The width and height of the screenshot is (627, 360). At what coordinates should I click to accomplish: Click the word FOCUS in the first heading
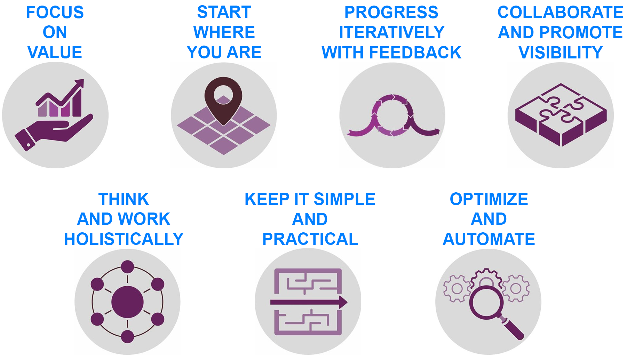pyautogui.click(x=55, y=13)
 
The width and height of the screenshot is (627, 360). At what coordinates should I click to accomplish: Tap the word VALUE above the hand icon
pyautogui.click(x=55, y=53)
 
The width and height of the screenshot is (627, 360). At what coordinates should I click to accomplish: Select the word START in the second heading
pyautogui.click(x=224, y=12)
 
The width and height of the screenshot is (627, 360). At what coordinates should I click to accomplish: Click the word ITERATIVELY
pyautogui.click(x=392, y=33)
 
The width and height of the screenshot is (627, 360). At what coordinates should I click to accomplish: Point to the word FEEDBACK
pyautogui.click(x=415, y=53)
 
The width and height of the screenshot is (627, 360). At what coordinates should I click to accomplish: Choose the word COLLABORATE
pyautogui.click(x=560, y=13)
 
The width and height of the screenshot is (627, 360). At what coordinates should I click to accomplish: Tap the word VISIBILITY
pyautogui.click(x=561, y=53)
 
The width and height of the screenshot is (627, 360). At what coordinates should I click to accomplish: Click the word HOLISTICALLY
pyautogui.click(x=124, y=239)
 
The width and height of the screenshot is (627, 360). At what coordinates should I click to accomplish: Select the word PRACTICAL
pyautogui.click(x=310, y=239)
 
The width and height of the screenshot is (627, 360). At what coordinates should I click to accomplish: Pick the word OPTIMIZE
pyautogui.click(x=489, y=199)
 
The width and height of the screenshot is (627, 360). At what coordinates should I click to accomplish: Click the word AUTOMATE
pyautogui.click(x=489, y=239)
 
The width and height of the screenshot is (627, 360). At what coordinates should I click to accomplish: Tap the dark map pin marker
pyautogui.click(x=223, y=101)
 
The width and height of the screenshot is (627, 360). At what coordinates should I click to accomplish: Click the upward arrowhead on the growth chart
pyautogui.click(x=79, y=83)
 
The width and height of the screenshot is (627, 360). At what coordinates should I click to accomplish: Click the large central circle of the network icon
pyautogui.click(x=127, y=302)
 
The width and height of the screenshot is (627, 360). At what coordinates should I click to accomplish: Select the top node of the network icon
pyautogui.click(x=127, y=267)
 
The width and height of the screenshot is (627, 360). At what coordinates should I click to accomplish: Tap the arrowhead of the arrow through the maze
pyautogui.click(x=343, y=302)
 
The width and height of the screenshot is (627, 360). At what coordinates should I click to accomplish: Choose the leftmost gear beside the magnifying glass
pyautogui.click(x=457, y=289)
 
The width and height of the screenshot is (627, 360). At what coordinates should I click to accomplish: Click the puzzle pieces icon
pyautogui.click(x=561, y=115)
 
